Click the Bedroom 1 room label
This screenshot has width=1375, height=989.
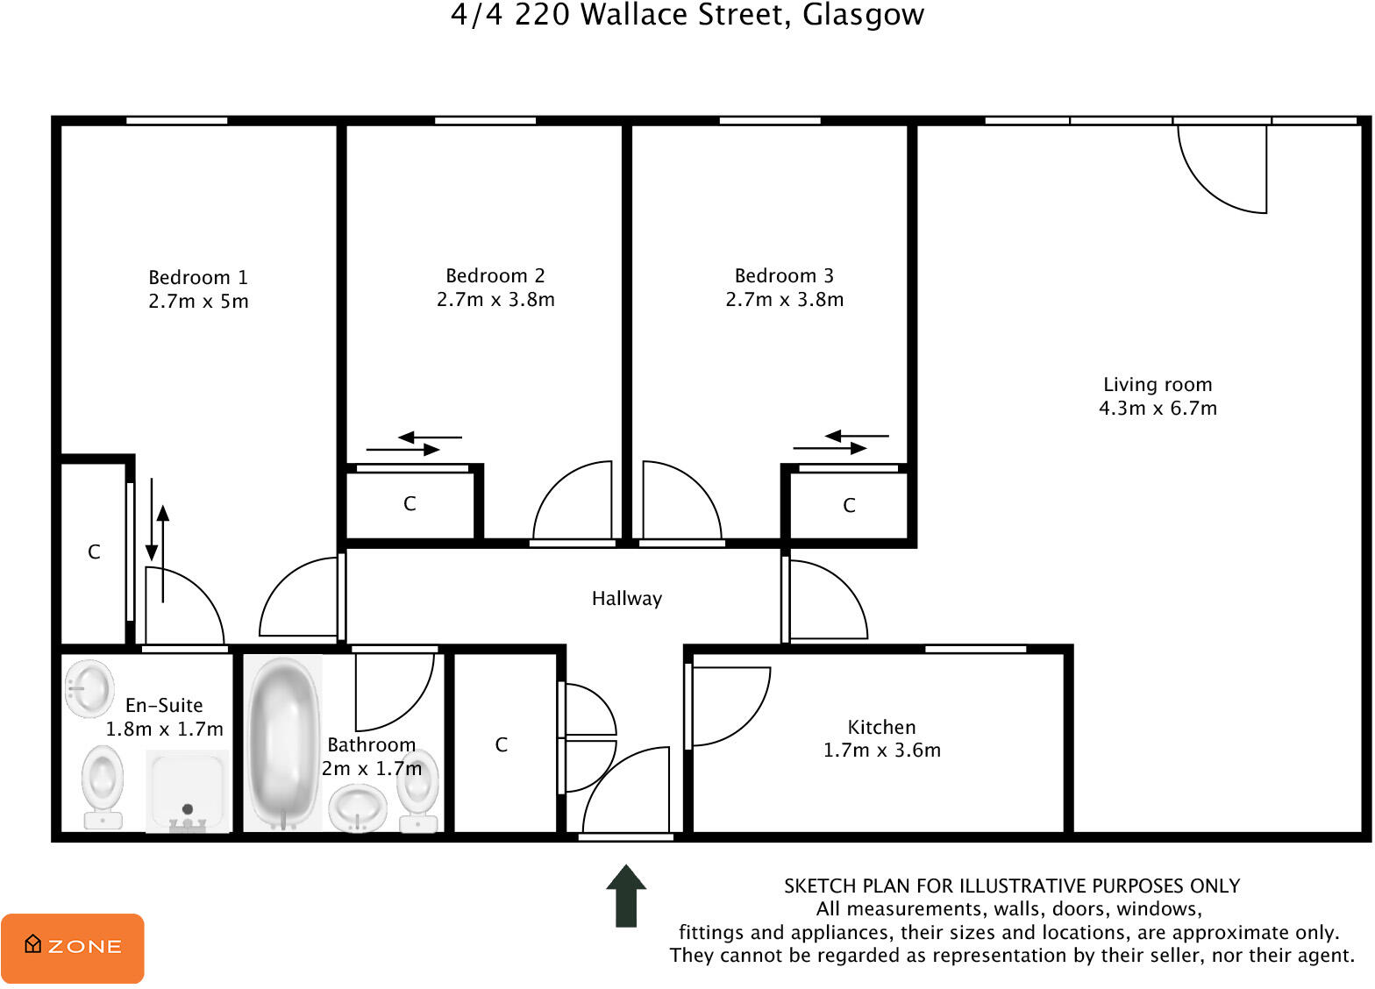point(198,277)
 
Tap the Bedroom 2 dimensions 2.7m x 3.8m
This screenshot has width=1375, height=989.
point(495,300)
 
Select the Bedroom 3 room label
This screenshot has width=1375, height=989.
point(784,276)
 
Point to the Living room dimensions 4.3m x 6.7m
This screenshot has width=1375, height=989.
point(1158,409)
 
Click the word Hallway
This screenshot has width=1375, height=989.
point(626,599)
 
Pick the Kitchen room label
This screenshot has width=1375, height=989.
point(881,727)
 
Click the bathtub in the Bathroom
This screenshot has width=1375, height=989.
point(282,742)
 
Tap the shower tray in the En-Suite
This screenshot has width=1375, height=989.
point(187,789)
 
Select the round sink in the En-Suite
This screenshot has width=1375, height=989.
point(89,688)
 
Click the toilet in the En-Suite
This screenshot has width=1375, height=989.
point(103,786)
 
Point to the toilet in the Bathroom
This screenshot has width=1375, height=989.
point(417,789)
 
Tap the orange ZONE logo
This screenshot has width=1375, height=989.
point(73,948)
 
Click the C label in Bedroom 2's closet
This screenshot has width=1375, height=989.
point(410,504)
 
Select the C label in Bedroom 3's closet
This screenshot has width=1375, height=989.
point(849,506)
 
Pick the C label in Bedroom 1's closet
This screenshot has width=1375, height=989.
point(94,552)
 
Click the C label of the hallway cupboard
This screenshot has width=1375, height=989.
point(501,745)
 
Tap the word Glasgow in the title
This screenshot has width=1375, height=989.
point(863,15)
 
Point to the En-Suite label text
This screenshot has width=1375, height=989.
point(164,706)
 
